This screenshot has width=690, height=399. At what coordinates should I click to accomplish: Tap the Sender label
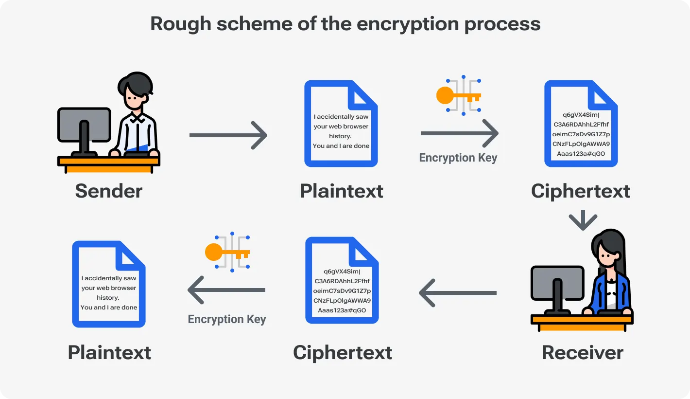[108, 191]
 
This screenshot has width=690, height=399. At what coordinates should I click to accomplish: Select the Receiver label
[582, 352]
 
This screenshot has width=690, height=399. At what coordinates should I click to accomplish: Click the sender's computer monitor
[84, 125]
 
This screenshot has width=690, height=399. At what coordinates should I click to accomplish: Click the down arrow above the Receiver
[583, 220]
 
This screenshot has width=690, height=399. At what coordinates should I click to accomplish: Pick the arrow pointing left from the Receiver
[457, 293]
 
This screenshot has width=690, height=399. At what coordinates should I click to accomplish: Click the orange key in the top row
[458, 95]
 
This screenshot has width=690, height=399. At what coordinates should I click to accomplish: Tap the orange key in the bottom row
[226, 253]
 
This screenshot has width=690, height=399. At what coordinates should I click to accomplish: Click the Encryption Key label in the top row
[458, 158]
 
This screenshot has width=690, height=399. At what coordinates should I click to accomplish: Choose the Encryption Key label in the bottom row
[226, 319]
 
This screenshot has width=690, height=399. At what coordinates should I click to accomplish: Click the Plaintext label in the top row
[341, 191]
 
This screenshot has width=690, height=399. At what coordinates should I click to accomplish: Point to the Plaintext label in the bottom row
[109, 352]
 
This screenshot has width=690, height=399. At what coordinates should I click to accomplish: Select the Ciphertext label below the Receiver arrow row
[342, 352]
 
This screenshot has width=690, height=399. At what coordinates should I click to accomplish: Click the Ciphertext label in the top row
[580, 191]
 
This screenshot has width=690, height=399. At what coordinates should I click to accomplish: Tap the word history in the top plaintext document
[340, 136]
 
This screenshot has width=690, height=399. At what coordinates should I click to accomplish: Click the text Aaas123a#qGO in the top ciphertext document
[581, 154]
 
